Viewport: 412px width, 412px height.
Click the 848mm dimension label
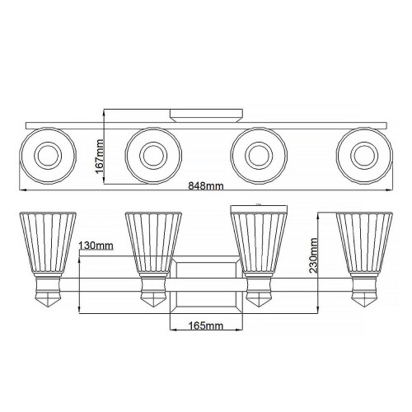click(x=206, y=186)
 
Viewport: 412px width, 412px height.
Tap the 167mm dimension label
click(x=99, y=156)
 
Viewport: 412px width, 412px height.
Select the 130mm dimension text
click(x=96, y=245)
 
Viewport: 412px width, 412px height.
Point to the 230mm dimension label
click(x=313, y=255)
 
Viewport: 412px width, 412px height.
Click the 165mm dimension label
click(x=206, y=325)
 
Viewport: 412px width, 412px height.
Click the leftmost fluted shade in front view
click(x=48, y=244)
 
